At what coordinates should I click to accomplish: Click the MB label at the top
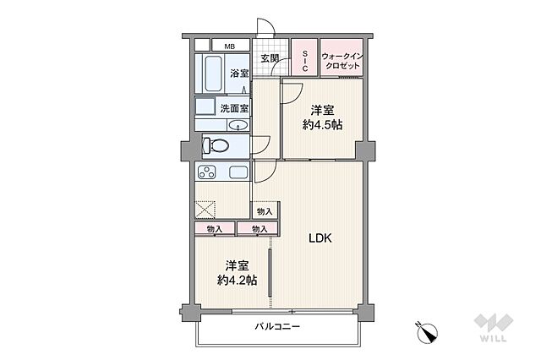coord(229,46)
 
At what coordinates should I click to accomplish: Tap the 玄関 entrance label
coord(270,58)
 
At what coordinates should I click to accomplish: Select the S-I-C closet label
coord(304,61)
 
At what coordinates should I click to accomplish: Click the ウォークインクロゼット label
coord(342,61)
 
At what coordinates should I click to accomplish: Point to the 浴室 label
coord(239,74)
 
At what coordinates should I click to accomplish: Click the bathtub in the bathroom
coord(213,74)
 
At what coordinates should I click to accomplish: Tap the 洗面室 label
coord(234,108)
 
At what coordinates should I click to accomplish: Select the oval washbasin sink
coord(238,125)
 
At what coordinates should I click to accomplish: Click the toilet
coord(216,145)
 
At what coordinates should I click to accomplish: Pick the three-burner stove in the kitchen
coord(206,172)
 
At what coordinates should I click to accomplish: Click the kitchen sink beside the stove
coord(238,172)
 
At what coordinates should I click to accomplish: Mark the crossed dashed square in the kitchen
coord(205,210)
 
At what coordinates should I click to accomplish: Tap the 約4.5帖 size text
coord(322,125)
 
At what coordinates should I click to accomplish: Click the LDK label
coord(320,238)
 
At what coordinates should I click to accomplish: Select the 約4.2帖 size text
coord(237,280)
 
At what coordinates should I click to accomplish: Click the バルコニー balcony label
coord(277,326)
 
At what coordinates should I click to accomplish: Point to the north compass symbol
coord(427,332)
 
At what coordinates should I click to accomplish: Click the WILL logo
coord(494,328)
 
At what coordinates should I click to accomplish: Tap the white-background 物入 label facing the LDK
coord(265,211)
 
